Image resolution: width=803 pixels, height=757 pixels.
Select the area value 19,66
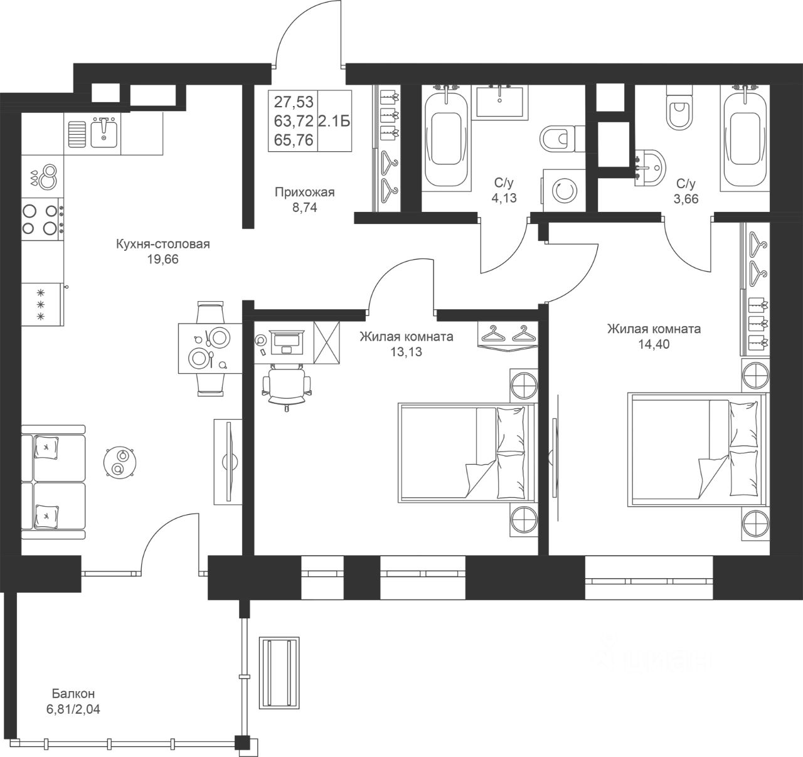[163, 259]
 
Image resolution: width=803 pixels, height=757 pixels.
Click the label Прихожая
[305, 192]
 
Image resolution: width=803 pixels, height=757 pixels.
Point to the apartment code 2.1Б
[334, 121]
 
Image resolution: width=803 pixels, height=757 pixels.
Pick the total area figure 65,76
[294, 140]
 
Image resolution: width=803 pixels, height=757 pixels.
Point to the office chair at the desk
[287, 386]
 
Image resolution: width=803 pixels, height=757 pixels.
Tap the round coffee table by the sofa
[120, 462]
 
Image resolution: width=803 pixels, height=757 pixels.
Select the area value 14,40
[654, 344]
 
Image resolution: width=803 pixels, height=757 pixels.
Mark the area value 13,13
[406, 352]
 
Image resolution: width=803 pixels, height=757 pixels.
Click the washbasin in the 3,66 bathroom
[650, 168]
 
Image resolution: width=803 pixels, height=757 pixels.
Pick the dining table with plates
[210, 347]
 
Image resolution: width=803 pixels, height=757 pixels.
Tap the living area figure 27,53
[294, 102]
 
